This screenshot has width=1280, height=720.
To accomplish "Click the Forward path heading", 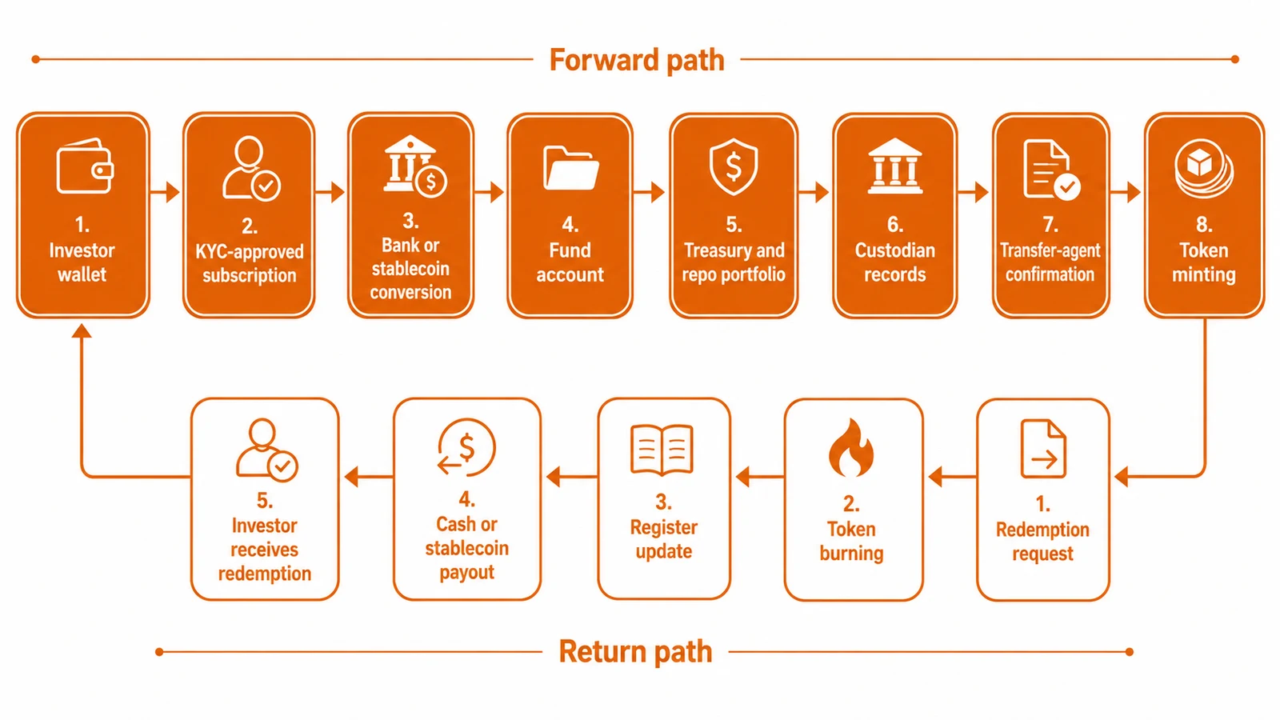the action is coord(637,60).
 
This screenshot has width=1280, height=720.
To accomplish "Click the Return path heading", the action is coord(635,651).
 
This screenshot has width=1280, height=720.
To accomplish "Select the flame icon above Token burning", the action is coord(851,447).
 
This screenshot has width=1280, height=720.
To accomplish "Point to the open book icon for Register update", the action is coord(662,450).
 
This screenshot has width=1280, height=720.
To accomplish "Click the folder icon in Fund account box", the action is coord(571,168).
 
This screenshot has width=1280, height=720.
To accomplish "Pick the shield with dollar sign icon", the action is coord(734,167).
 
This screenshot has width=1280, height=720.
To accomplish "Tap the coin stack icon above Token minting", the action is coord(1204,169).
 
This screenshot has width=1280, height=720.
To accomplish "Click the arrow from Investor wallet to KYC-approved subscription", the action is coord(165,192).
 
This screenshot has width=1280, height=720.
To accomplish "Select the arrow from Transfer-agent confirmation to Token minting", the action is coord(1126,192).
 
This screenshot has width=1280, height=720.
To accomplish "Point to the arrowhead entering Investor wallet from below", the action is coord(82,331).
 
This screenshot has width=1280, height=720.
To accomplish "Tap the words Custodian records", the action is coord(895,262).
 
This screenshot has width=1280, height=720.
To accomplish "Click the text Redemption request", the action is coord(1042,541).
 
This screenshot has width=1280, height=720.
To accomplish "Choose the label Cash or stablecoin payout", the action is coord(467,548).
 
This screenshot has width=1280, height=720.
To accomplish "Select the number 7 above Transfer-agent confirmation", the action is coord(1050,225).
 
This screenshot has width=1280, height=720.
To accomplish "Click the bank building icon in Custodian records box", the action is coord(895,166).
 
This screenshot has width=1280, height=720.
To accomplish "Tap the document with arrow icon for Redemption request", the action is coord(1043,449).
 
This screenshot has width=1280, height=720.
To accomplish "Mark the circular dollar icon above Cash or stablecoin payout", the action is coord(466,447).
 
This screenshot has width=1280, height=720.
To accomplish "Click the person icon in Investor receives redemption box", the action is coord(266,450).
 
